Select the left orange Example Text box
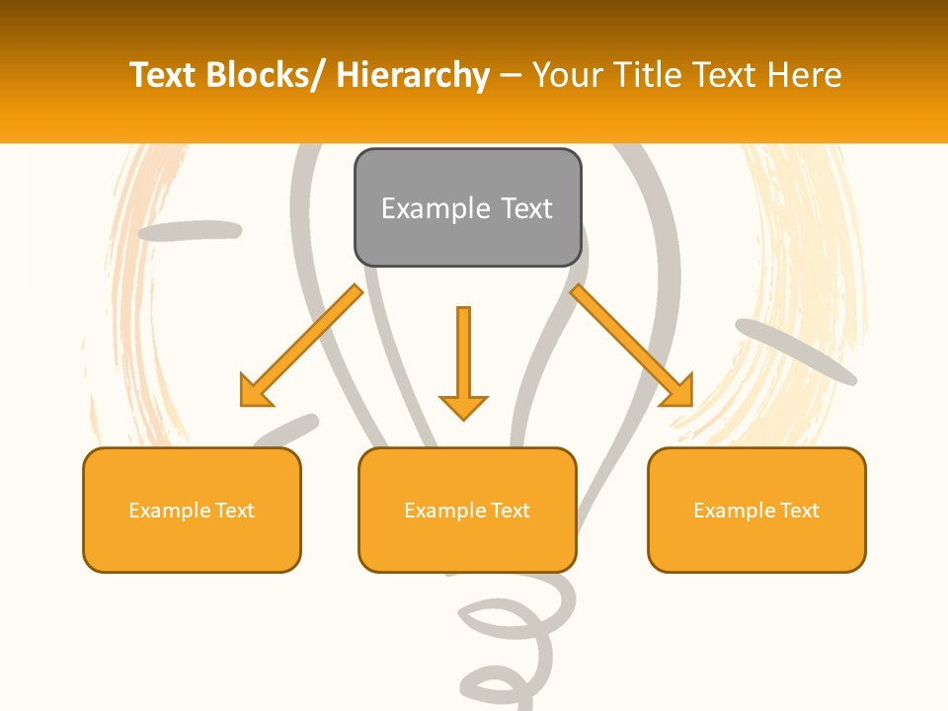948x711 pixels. (x=192, y=510)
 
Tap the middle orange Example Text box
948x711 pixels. (x=467, y=510)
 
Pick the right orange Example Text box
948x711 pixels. (x=756, y=510)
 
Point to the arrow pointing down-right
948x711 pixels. (x=631, y=345)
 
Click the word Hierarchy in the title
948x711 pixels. (x=413, y=75)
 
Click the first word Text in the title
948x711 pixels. (x=163, y=75)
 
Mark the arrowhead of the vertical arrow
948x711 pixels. (x=463, y=406)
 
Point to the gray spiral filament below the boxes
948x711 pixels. (x=513, y=632)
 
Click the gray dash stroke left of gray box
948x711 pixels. (x=190, y=231)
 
